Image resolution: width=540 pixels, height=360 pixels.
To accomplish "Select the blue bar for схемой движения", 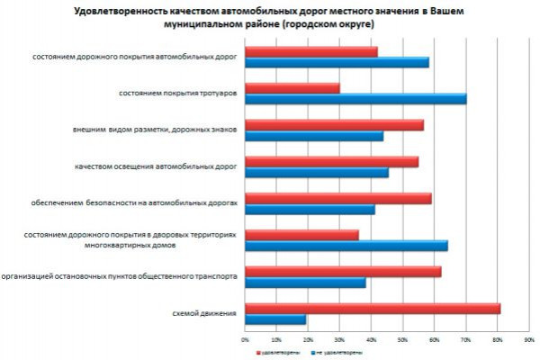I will [275, 319].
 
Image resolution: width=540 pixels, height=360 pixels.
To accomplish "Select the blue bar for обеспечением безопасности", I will [310, 209].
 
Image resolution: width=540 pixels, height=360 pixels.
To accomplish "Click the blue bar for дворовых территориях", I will [346, 246].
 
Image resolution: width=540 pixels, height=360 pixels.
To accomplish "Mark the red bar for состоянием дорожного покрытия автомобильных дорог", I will [311, 51].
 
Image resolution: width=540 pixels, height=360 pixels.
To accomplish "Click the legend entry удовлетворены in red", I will [275, 352].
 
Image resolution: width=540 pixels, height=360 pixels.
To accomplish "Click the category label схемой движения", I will [205, 313].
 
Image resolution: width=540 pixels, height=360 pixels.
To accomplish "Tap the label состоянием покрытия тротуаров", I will [178, 93].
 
